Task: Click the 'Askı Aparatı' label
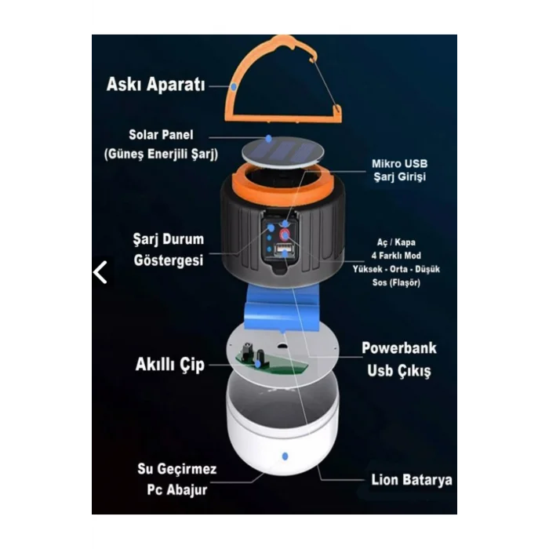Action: (x=156, y=85)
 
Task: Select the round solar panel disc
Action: (x=283, y=151)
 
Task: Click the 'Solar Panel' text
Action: (x=161, y=135)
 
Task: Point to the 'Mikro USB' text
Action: (x=399, y=163)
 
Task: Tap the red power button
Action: (x=285, y=235)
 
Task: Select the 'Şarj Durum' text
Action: (x=169, y=239)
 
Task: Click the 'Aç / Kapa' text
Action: (x=396, y=242)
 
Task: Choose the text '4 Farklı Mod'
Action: (x=396, y=256)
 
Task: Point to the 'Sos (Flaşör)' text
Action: (x=396, y=282)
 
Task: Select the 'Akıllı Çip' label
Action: (x=170, y=365)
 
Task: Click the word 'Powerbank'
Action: (x=399, y=348)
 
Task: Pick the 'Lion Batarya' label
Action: (x=412, y=480)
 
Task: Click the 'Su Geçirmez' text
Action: (x=177, y=469)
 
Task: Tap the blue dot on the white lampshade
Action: (x=285, y=456)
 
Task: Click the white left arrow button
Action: (x=100, y=272)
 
